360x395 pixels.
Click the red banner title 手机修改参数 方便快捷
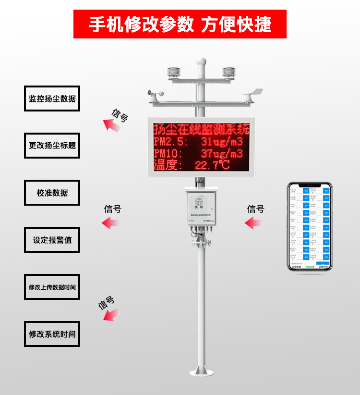coord(180,24)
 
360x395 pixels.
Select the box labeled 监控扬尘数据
coord(52,99)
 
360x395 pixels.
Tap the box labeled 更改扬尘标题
coord(52,145)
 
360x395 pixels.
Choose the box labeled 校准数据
coord(52,193)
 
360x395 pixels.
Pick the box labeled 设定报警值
coord(52,240)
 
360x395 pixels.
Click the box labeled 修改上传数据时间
coord(52,287)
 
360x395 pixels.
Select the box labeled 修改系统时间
coord(52,334)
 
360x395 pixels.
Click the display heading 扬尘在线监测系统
coord(201,129)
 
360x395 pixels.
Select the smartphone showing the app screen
coord(310,226)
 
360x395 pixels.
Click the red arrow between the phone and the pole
coord(254,222)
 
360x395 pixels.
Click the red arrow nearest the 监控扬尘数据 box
coord(112,125)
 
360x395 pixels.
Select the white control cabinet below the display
coord(201,208)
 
